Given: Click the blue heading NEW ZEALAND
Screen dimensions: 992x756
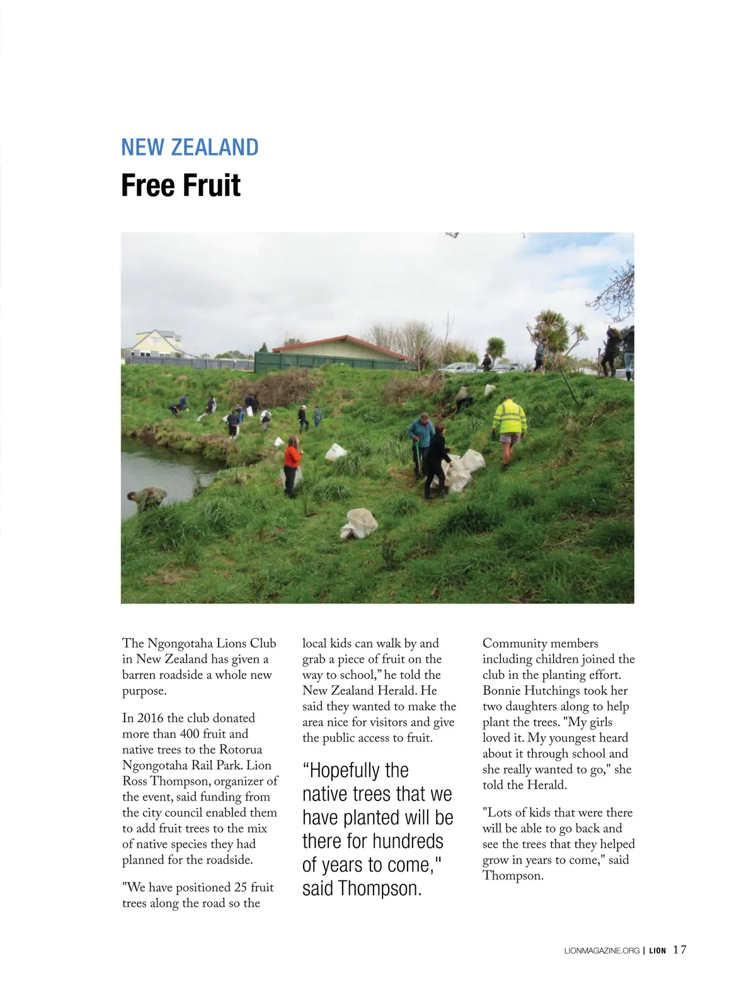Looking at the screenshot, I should pos(190,147).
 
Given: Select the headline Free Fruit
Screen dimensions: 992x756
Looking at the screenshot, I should pos(181,185).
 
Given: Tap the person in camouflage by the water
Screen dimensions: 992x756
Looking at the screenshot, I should pos(147,499).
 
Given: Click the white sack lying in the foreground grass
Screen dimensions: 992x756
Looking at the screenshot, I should pos(360,524).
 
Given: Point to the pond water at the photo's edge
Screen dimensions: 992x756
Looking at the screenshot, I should pos(157,469).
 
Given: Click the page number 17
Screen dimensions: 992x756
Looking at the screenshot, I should pos(680,950).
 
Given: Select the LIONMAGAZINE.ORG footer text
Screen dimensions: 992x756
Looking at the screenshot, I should pos(602,950).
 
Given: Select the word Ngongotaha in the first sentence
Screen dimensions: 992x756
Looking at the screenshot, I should pos(180,643).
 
